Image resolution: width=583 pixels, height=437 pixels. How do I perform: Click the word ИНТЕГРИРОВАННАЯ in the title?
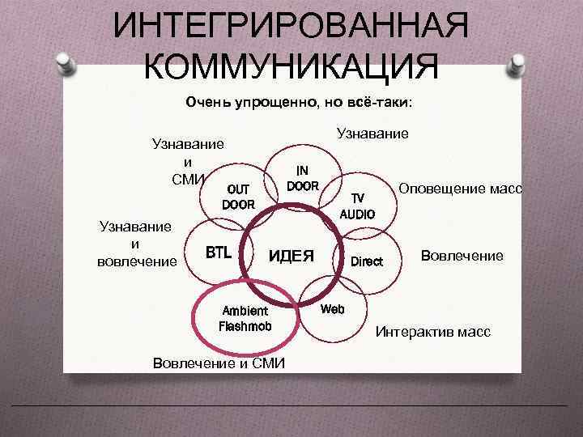(x=291, y=27)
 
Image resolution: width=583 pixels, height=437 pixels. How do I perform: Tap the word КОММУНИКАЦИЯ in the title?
(x=291, y=66)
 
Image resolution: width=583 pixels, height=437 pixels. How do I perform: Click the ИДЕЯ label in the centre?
(x=291, y=256)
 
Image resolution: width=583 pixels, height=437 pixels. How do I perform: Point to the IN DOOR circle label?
(x=302, y=178)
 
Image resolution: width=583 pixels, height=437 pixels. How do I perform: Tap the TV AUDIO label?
(x=357, y=206)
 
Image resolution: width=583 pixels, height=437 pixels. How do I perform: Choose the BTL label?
(x=218, y=252)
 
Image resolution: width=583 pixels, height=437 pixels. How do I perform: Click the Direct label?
(x=367, y=261)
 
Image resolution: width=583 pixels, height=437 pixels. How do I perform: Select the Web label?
(x=333, y=309)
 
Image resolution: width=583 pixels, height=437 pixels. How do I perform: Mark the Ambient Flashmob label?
(x=245, y=319)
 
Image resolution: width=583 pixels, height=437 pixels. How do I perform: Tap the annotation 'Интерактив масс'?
(x=432, y=333)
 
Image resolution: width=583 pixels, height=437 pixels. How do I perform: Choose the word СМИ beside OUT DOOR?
(x=189, y=177)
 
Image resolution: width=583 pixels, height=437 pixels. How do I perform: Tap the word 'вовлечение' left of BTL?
(x=135, y=261)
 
